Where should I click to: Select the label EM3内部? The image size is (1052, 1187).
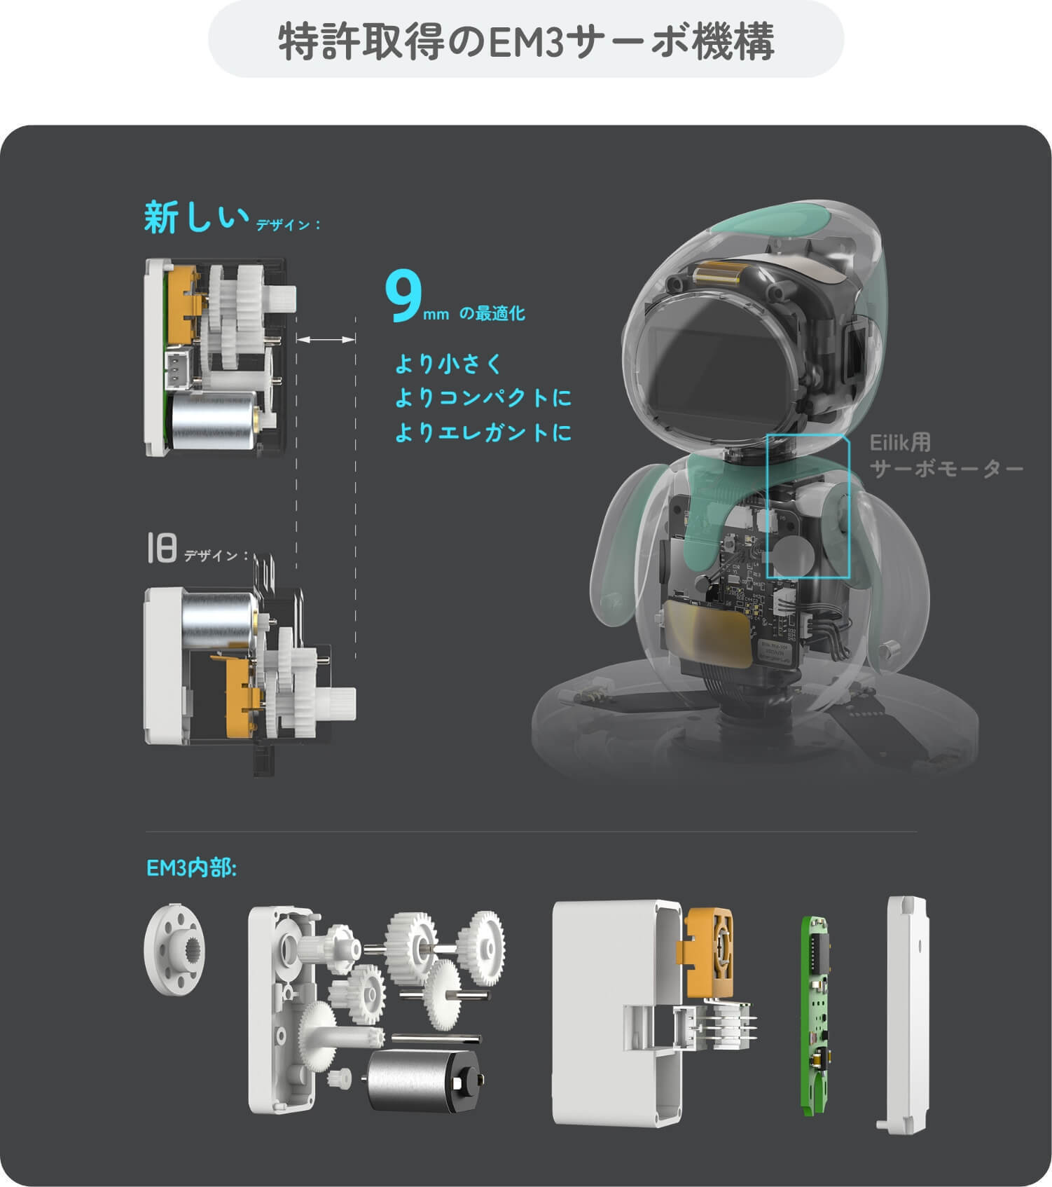(x=191, y=868)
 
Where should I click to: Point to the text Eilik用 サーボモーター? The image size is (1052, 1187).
(x=946, y=455)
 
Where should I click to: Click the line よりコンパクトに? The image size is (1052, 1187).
(x=483, y=398)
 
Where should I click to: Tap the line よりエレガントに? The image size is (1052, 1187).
(x=483, y=432)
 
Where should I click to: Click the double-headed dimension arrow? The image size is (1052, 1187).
(x=326, y=340)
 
